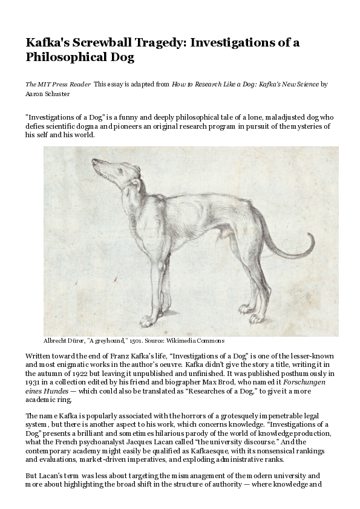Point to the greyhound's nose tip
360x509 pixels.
[93, 161]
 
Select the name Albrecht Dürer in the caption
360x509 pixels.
[64, 340]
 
